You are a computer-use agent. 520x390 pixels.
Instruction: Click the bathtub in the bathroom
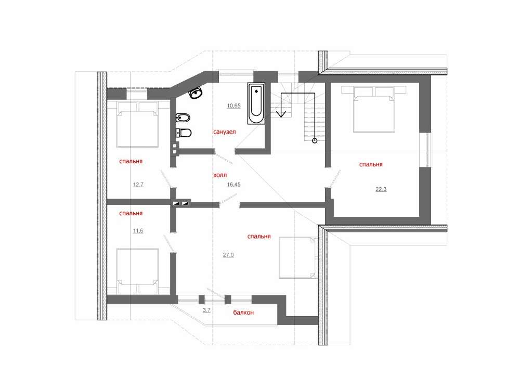[256, 103]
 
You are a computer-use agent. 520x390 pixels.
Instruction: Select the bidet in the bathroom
[183, 118]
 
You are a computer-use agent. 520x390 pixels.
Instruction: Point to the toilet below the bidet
[184, 133]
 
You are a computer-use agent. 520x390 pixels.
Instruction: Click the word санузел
[225, 132]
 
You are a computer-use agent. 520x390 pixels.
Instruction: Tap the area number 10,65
[234, 106]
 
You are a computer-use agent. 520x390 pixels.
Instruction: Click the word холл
[220, 175]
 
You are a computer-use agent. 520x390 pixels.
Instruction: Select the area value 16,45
[234, 185]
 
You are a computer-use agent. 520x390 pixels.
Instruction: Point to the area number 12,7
[138, 185]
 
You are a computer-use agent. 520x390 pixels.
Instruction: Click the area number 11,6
[138, 231]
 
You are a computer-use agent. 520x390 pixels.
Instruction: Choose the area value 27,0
[228, 255]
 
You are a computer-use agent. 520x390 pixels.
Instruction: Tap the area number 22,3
[381, 189]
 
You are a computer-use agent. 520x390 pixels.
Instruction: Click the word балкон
[243, 313]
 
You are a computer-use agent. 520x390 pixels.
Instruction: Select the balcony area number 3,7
[206, 310]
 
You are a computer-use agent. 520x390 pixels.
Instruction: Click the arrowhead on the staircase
[281, 113]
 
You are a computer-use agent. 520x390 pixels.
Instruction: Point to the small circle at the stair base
[315, 141]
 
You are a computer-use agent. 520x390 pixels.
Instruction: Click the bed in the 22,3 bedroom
[374, 109]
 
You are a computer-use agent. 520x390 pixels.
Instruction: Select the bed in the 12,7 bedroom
[138, 124]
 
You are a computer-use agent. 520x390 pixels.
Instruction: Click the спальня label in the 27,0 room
[259, 237]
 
